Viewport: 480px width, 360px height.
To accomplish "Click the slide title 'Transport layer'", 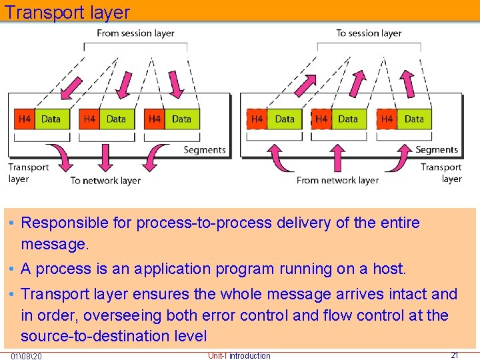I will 67,12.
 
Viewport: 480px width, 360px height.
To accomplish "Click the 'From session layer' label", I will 135,33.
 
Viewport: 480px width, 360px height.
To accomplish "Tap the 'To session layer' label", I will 369,33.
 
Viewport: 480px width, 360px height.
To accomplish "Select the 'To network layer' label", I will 105,180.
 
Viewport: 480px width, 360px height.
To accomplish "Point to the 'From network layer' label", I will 337,180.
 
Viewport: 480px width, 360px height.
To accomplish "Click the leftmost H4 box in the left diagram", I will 25,119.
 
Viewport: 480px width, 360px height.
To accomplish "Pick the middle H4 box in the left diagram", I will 89,119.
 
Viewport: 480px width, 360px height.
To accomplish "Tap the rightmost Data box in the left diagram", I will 181,119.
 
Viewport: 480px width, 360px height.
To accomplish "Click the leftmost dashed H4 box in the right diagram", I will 257,119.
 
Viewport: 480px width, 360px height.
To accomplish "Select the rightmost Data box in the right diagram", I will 414,119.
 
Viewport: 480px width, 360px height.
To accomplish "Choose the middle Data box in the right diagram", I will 348,119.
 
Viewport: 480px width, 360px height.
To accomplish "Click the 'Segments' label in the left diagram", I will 204,150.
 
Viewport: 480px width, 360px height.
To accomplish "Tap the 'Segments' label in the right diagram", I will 437,150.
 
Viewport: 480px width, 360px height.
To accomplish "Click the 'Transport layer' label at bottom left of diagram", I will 28,173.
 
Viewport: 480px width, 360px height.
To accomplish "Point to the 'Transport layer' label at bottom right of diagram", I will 441,173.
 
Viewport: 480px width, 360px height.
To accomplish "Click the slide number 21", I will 455,355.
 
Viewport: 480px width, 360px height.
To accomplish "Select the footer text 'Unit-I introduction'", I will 239,355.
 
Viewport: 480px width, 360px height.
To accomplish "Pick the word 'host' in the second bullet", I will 389,269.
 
